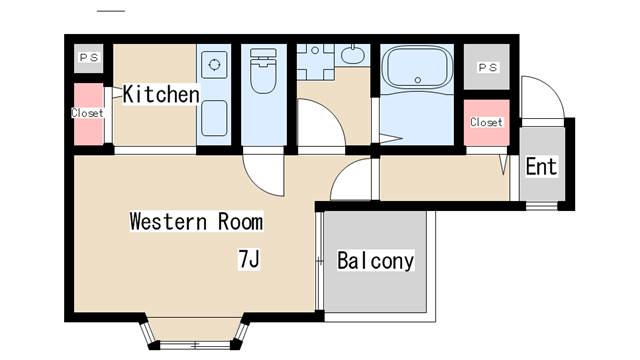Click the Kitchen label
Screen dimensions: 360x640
click(161, 95)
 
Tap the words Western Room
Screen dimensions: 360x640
click(196, 221)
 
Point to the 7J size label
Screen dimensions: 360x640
click(249, 260)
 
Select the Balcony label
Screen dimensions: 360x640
click(375, 262)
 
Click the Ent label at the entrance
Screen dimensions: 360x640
click(541, 167)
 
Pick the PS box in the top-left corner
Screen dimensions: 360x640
click(88, 59)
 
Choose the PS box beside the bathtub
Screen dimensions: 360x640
click(488, 67)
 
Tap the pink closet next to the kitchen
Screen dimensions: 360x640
click(88, 113)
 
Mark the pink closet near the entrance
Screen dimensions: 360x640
click(486, 123)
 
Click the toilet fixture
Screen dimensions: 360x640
click(263, 73)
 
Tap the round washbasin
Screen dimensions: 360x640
click(352, 54)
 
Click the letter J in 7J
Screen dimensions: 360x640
click(255, 260)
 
